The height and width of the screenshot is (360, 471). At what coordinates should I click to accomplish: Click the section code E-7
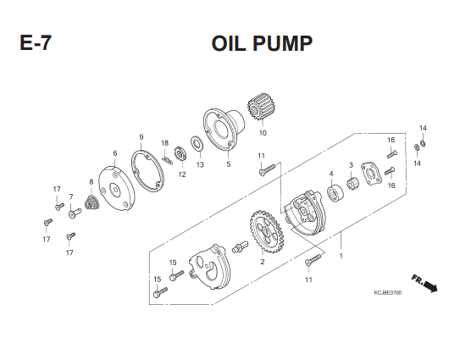[x=36, y=43]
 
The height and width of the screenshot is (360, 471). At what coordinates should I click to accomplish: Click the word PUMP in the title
[x=283, y=43]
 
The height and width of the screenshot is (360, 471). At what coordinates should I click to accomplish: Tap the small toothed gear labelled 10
[x=258, y=108]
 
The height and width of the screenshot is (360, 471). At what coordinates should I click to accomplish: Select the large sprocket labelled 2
[x=265, y=231]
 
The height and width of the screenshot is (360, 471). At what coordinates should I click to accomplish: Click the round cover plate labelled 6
[x=117, y=189]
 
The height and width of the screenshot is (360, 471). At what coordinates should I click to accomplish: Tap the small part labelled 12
[x=180, y=154]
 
